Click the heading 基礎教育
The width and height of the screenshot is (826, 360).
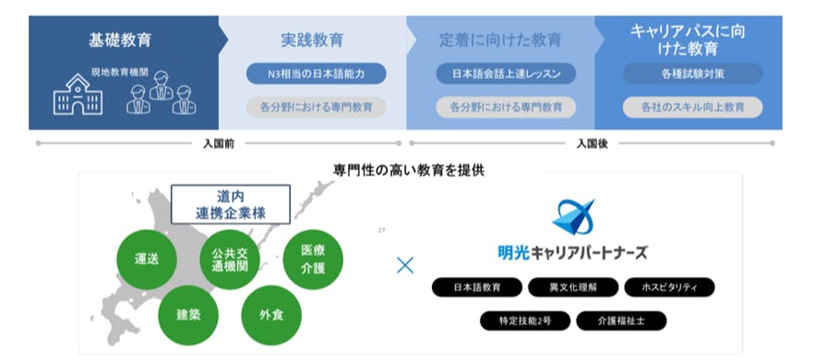(120, 41)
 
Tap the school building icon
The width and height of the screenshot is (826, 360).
(77, 95)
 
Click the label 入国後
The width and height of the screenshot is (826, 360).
(592, 144)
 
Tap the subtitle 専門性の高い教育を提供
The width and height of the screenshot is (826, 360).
(409, 171)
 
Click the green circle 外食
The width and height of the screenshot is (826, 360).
(270, 314)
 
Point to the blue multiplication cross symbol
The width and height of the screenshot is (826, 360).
(404, 266)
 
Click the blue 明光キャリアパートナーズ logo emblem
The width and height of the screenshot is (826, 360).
(572, 217)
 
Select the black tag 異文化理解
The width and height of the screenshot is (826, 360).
(573, 287)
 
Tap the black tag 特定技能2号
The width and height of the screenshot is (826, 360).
(522, 320)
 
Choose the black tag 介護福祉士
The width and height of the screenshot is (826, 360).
(620, 320)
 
